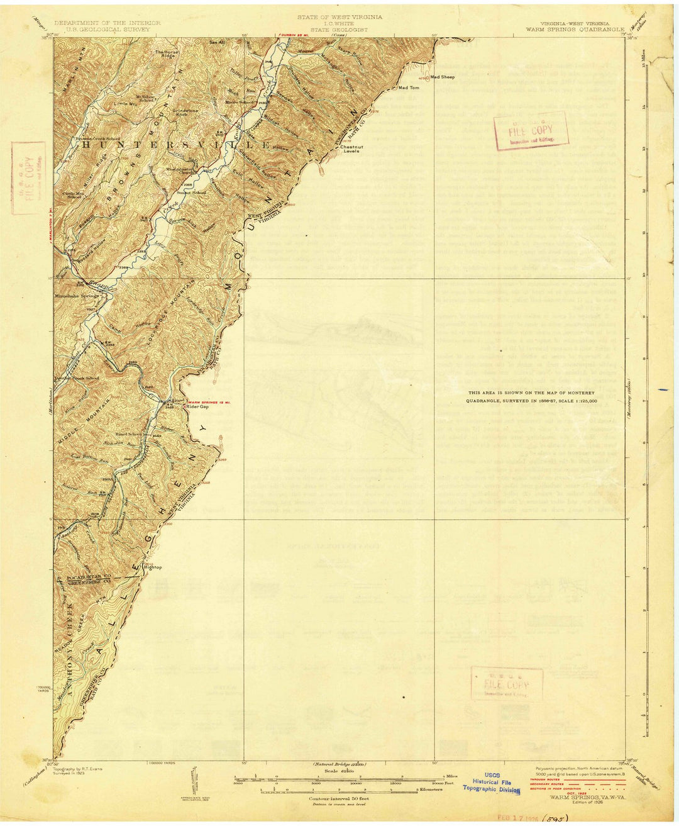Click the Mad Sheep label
pos(443,77)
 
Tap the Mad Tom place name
pos(409,88)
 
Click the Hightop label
pos(153,567)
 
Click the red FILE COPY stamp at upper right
pos(531,131)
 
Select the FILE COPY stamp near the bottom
pos(507,684)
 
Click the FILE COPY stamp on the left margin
pos(28,178)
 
